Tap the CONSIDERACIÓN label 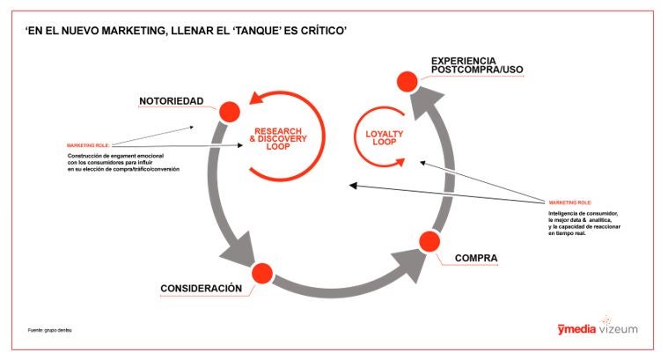click(201, 289)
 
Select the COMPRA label click(476, 259)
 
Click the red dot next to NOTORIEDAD click(229, 111)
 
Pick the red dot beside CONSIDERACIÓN click(261, 274)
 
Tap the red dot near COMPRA click(429, 241)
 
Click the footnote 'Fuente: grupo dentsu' click(49, 330)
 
